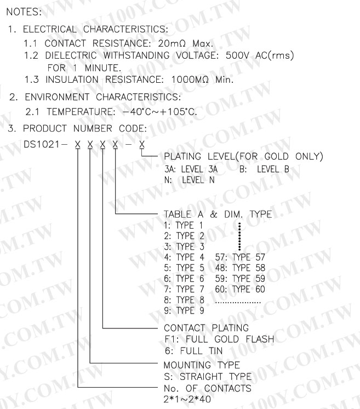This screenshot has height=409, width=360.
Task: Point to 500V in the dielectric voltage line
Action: (x=231, y=55)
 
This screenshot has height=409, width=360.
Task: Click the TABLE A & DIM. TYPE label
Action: (x=218, y=214)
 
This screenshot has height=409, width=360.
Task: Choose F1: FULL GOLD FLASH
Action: (x=219, y=339)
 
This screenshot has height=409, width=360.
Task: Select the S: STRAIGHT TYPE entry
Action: (x=207, y=377)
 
